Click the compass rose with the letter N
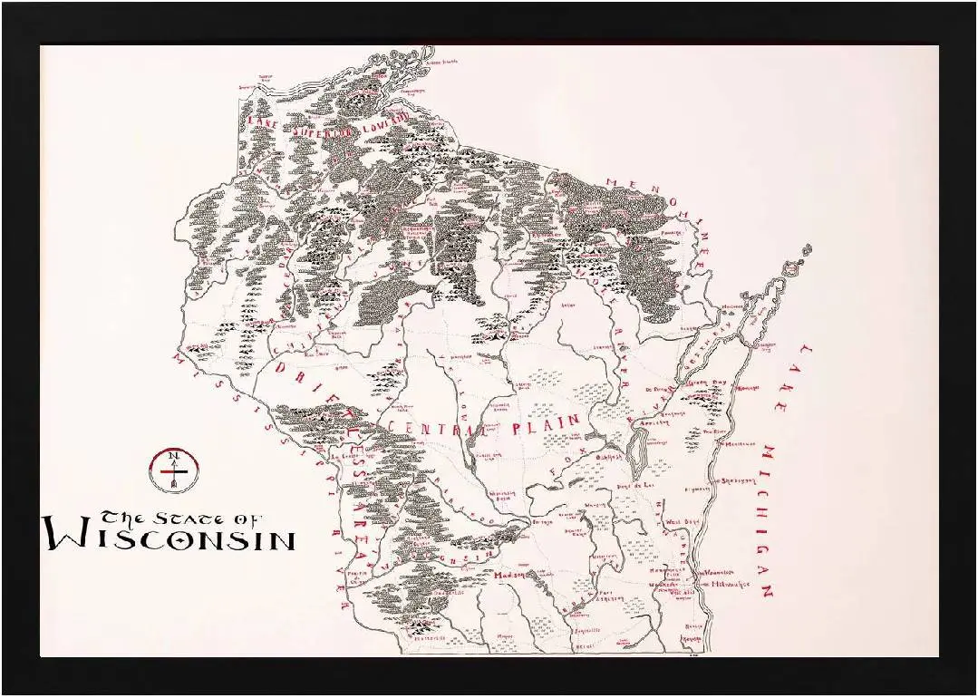pyautogui.click(x=172, y=470)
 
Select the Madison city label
pyautogui.click(x=510, y=575)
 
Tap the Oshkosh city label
pyautogui.click(x=605, y=457)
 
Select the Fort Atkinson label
pyautogui.click(x=609, y=596)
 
